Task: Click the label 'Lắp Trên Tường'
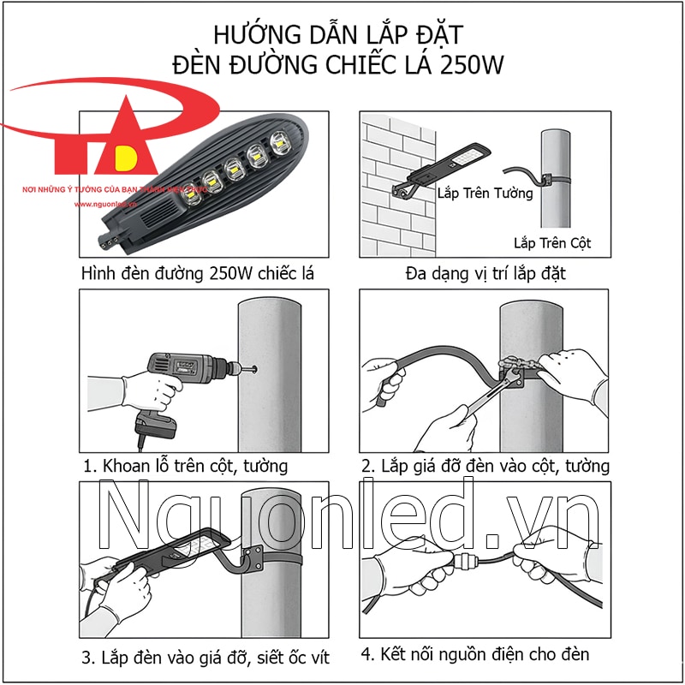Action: (485, 193)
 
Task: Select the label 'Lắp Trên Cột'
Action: (552, 243)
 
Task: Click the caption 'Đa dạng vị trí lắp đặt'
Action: (485, 274)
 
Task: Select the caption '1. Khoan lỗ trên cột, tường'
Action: (186, 467)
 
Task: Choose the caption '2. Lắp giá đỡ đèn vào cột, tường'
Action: (485, 467)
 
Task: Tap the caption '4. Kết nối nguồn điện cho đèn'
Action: (475, 655)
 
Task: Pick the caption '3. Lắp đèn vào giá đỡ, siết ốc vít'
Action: (205, 658)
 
